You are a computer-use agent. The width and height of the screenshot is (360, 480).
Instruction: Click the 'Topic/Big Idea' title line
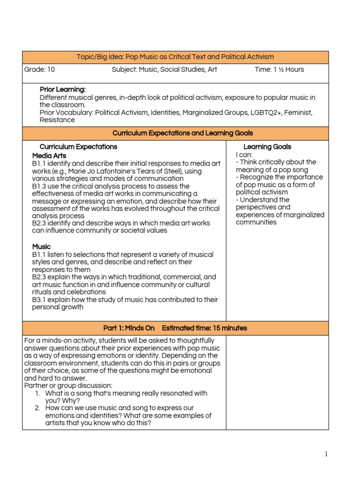pyautogui.click(x=175, y=57)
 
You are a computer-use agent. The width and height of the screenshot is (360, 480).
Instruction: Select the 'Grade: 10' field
pyautogui.click(x=39, y=69)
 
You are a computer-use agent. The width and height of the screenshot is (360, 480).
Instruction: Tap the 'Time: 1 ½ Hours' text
pyautogui.click(x=279, y=69)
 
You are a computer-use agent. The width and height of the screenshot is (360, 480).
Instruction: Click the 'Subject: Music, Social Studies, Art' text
pyautogui.click(x=164, y=69)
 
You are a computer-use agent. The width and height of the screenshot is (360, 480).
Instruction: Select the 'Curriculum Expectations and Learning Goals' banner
pyautogui.click(x=175, y=133)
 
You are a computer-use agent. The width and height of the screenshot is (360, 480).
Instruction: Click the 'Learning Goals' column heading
pyautogui.click(x=267, y=147)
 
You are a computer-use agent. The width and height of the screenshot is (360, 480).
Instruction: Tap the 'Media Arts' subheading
pyautogui.click(x=49, y=155)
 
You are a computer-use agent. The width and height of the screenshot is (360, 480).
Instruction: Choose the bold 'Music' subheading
pyautogui.click(x=41, y=247)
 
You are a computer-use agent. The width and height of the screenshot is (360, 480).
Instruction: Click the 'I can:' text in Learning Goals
pyautogui.click(x=245, y=155)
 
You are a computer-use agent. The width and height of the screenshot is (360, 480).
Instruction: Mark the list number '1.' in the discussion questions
pyautogui.click(x=38, y=393)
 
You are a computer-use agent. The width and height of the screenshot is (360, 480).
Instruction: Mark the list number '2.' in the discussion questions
pyautogui.click(x=38, y=408)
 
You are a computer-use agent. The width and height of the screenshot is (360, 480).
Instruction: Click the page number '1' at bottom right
pyautogui.click(x=326, y=454)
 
